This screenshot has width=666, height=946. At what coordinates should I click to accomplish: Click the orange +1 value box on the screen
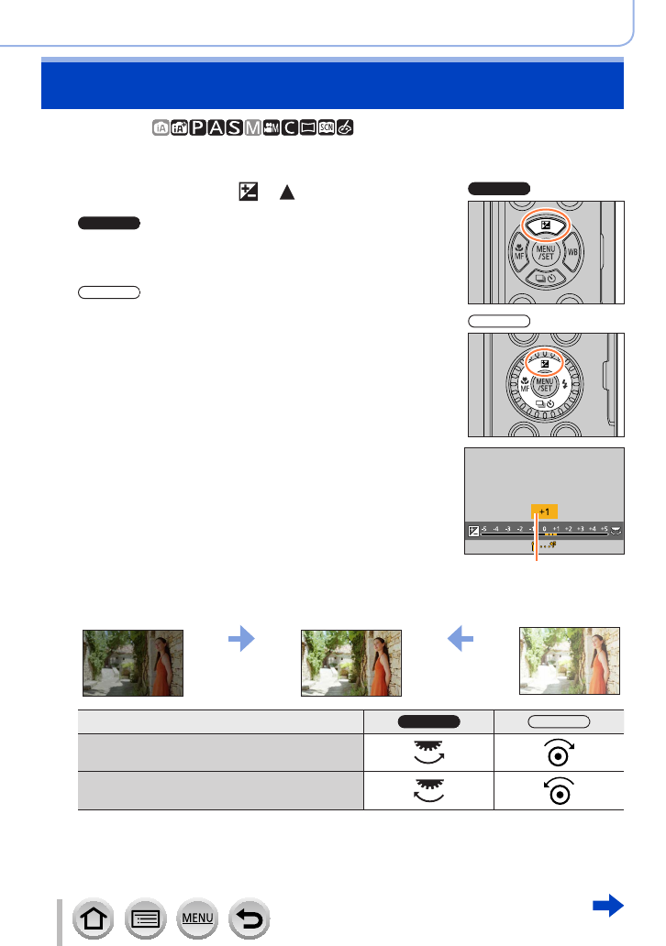pos(544,512)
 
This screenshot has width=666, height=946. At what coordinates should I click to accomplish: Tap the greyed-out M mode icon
pos(253,126)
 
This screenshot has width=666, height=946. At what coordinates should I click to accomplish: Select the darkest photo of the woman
pos(133,663)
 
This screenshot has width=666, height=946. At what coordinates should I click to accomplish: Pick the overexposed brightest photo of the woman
pos(569,661)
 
